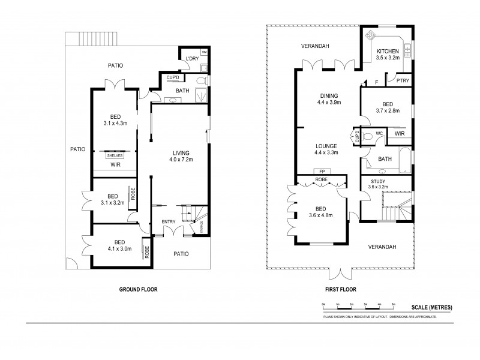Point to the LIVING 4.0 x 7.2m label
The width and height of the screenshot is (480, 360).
[x=179, y=156]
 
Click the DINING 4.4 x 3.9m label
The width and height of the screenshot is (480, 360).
[x=329, y=99]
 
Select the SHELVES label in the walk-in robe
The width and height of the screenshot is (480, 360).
[x=114, y=155]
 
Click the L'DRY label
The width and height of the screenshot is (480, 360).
[x=192, y=58]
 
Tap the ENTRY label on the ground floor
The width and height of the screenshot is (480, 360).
[x=169, y=222]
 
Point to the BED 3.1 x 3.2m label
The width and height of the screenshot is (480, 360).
[x=112, y=199]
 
